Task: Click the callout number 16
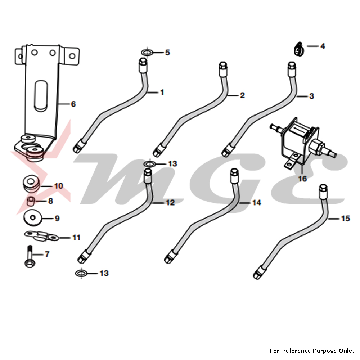[x=302, y=178]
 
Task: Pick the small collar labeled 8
[x=32, y=200]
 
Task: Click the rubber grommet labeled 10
[x=31, y=182]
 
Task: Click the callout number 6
[x=73, y=104]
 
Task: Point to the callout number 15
[x=345, y=219]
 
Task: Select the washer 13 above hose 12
[x=149, y=164]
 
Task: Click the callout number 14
[x=256, y=203]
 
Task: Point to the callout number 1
[x=162, y=93]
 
